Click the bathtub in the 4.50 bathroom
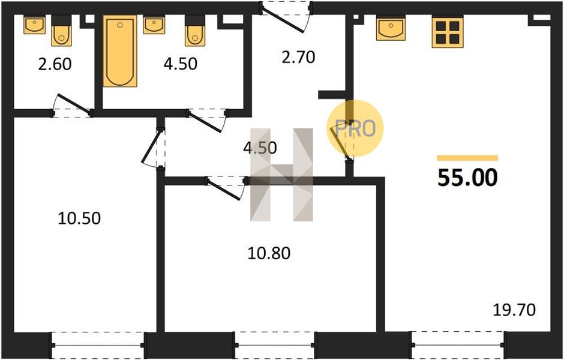[120, 51]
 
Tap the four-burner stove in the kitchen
[448, 32]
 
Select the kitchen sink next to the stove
[391, 28]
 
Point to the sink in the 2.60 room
[35, 25]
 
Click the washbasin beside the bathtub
[154, 25]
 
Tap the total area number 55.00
[467, 178]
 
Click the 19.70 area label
[514, 310]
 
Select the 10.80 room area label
[269, 254]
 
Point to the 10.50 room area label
[79, 218]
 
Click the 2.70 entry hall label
[298, 57]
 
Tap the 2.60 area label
[55, 64]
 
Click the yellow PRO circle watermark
[355, 128]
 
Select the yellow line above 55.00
[467, 158]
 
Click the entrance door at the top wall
[286, 17]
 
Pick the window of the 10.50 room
[98, 345]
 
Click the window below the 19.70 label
[458, 345]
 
